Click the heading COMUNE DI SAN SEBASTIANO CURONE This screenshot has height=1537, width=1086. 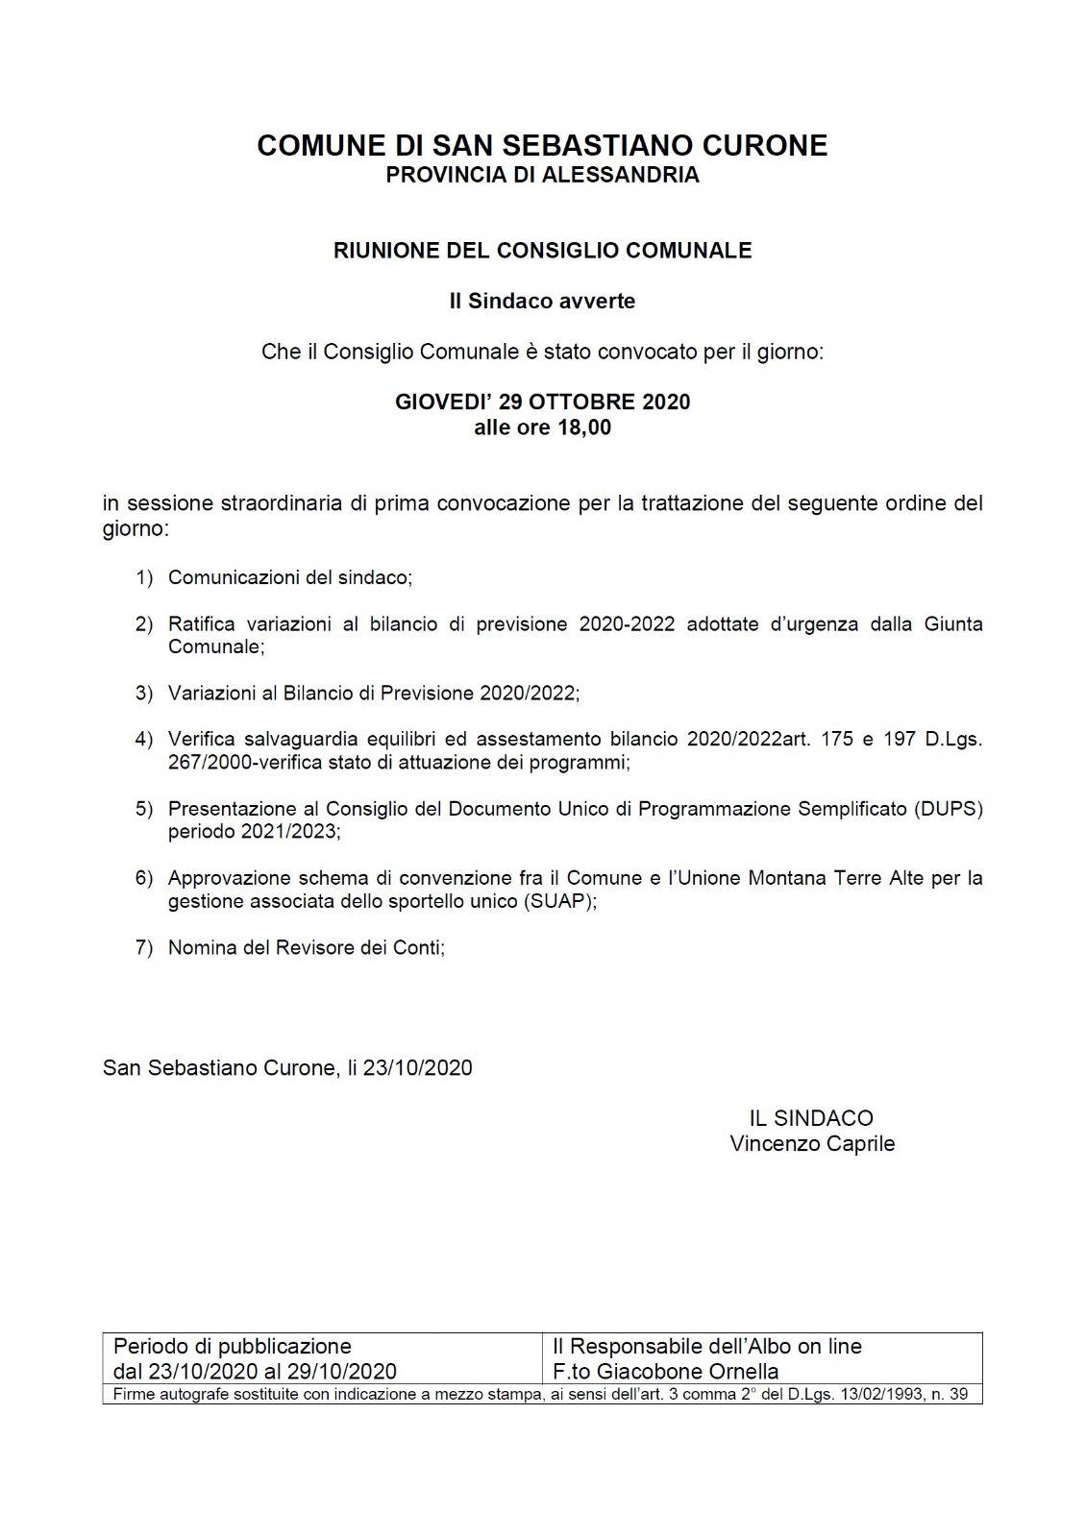click(x=542, y=146)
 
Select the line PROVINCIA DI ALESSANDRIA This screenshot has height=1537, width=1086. click(x=542, y=175)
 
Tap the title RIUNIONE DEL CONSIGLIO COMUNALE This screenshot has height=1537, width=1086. click(x=542, y=251)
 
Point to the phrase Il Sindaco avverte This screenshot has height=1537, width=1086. click(x=542, y=302)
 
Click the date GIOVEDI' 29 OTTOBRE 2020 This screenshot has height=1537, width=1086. click(x=542, y=402)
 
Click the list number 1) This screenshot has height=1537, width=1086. click(x=144, y=578)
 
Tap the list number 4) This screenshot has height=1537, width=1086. click(x=144, y=740)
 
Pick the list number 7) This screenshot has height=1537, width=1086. click(x=144, y=948)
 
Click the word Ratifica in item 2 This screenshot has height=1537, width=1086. click(x=201, y=624)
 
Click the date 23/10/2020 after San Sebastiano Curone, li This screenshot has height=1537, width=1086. click(x=417, y=1068)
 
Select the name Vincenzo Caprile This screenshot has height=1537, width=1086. click(x=812, y=1144)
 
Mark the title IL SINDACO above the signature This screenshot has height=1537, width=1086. click(x=811, y=1118)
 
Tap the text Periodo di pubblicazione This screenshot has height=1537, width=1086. click(x=233, y=1347)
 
